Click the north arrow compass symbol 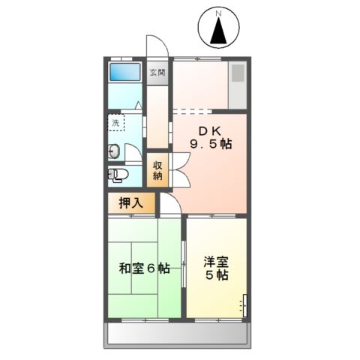pyautogui.click(x=218, y=31)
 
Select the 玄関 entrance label pyautogui.click(x=157, y=73)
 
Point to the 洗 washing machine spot pyautogui.click(x=115, y=121)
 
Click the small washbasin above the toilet pyautogui.click(x=114, y=150)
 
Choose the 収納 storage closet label pyautogui.click(x=158, y=171)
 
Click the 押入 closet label pyautogui.click(x=130, y=202)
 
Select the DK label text pyautogui.click(x=210, y=130)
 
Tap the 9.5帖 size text pyautogui.click(x=210, y=144)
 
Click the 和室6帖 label pyautogui.click(x=143, y=268)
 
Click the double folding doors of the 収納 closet pyautogui.click(x=181, y=171)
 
